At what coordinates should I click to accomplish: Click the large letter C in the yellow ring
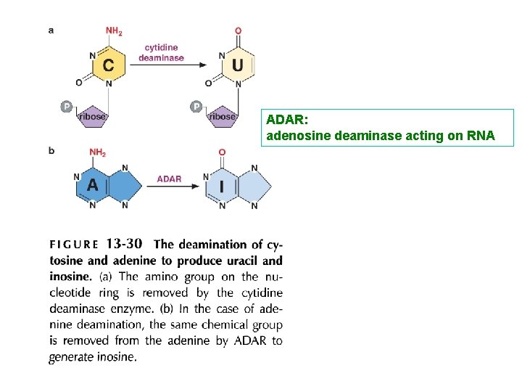pyautogui.click(x=108, y=65)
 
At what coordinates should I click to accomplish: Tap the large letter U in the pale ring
pyautogui.click(x=238, y=65)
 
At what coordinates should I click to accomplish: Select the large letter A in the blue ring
pyautogui.click(x=92, y=185)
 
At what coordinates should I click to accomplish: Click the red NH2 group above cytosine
pyautogui.click(x=114, y=31)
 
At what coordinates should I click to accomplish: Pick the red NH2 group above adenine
pyautogui.click(x=97, y=152)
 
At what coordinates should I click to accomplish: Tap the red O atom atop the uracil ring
pyautogui.click(x=239, y=31)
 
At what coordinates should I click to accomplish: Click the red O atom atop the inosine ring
pyautogui.click(x=222, y=152)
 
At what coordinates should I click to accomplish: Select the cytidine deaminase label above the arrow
pyautogui.click(x=161, y=53)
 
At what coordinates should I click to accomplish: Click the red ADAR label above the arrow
pyautogui.click(x=169, y=179)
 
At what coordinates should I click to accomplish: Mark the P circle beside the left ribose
pyautogui.click(x=66, y=107)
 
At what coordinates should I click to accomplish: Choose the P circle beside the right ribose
pyautogui.click(x=196, y=107)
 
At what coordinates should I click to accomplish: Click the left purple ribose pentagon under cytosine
pyautogui.click(x=92, y=116)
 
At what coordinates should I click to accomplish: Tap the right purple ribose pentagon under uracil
pyautogui.click(x=222, y=116)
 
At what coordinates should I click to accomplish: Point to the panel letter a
pyautogui.click(x=51, y=30)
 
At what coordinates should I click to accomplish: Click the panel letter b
pyautogui.click(x=51, y=151)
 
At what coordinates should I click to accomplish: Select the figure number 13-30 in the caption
pyautogui.click(x=124, y=244)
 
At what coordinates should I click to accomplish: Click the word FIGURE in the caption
pyautogui.click(x=74, y=245)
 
